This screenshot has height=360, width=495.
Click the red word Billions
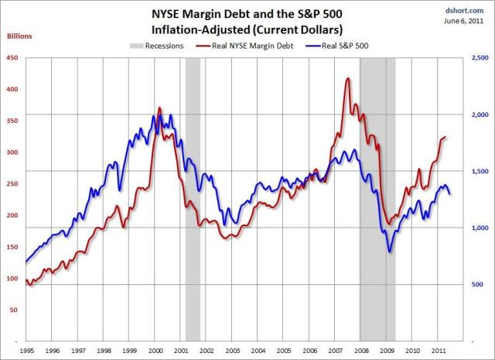point(19,36)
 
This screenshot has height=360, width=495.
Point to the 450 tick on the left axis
point(12,58)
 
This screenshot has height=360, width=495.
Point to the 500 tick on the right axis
point(478,285)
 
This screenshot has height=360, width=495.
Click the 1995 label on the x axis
point(26,351)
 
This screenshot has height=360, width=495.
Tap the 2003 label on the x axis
point(232,351)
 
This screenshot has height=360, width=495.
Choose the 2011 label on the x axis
point(439,351)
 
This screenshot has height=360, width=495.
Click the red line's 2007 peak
point(347,78)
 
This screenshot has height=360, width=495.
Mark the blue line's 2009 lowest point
point(390,252)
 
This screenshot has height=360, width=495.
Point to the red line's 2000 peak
point(159,108)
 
